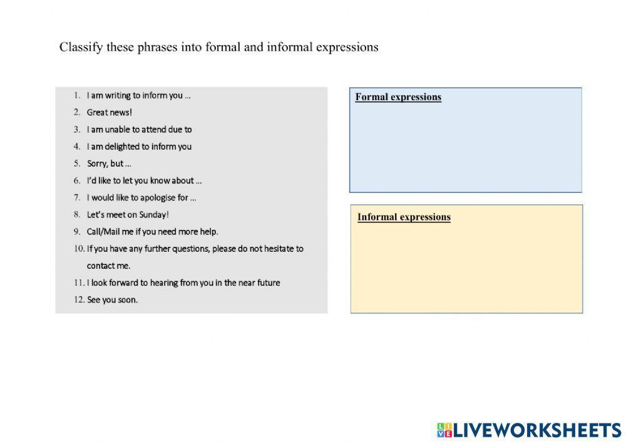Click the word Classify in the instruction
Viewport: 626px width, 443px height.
[x=78, y=48]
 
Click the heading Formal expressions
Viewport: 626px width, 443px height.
[x=398, y=97]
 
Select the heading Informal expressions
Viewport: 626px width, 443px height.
[x=404, y=217]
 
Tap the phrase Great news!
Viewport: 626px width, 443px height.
[x=110, y=113]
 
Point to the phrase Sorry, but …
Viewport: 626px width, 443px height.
[x=109, y=164]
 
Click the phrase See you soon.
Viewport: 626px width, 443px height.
[x=112, y=300]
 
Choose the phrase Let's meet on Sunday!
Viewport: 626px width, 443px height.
[x=128, y=214]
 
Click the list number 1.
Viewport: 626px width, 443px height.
[x=76, y=96]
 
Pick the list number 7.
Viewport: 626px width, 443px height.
[x=76, y=197]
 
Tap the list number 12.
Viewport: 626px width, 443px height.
[x=79, y=300]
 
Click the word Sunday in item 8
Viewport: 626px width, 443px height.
[x=155, y=214]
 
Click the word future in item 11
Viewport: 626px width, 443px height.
[x=267, y=283]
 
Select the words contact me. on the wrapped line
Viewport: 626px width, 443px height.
[x=108, y=266]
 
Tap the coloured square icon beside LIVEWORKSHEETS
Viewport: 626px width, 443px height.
[x=444, y=430]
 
